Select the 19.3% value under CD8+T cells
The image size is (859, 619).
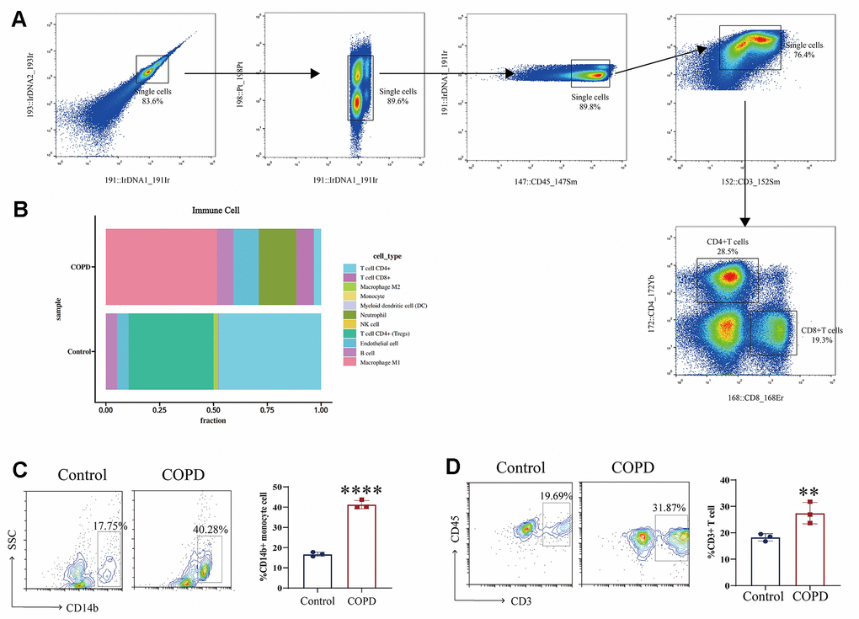pos(814,340)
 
